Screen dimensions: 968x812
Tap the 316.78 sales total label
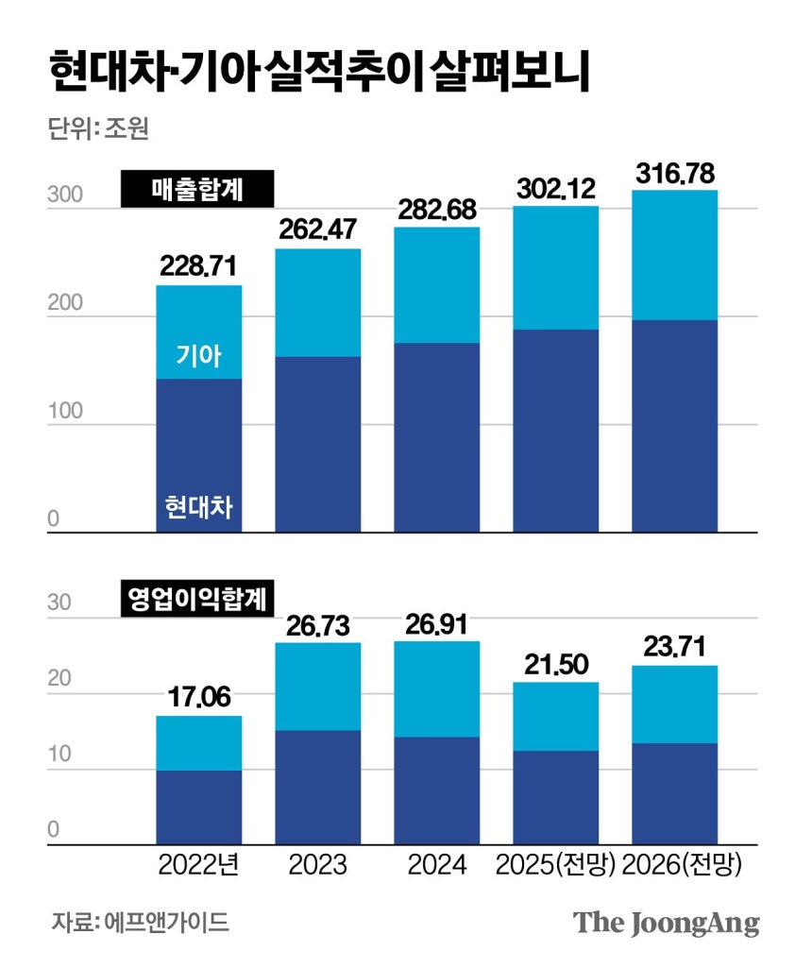673,174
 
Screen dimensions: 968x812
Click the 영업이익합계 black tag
197,599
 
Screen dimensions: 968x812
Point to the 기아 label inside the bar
198,355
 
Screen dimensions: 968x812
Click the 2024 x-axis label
436,865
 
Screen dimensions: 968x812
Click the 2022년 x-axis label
198,865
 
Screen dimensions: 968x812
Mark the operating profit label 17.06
198,700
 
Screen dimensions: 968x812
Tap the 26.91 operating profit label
436,625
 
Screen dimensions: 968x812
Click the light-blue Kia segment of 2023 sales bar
317,302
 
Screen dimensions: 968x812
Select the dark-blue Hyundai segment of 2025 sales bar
555,430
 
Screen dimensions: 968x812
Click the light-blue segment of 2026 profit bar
673,704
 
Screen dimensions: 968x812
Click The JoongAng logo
667,923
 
